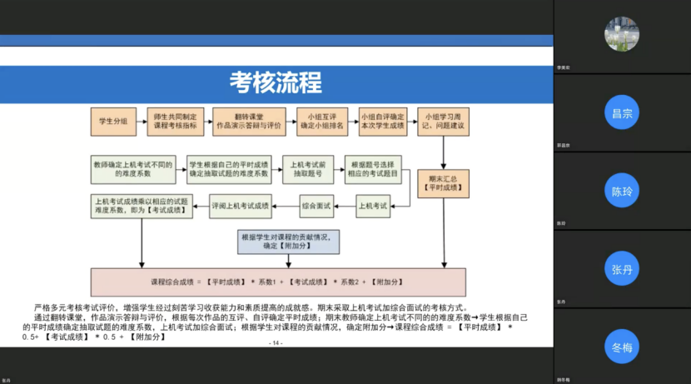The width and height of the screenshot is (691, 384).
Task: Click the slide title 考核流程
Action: (276, 83)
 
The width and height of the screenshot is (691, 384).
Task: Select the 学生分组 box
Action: (113, 122)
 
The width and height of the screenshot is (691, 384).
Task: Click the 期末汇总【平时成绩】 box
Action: (442, 182)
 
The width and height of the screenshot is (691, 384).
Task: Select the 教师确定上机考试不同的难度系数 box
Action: (133, 170)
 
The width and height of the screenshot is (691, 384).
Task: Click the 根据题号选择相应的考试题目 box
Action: (374, 170)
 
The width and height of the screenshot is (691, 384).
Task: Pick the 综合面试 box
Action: (316, 205)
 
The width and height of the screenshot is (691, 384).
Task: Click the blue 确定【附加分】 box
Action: (288, 242)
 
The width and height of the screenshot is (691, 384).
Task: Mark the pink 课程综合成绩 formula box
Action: (277, 282)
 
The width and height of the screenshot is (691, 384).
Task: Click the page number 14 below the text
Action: (277, 343)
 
